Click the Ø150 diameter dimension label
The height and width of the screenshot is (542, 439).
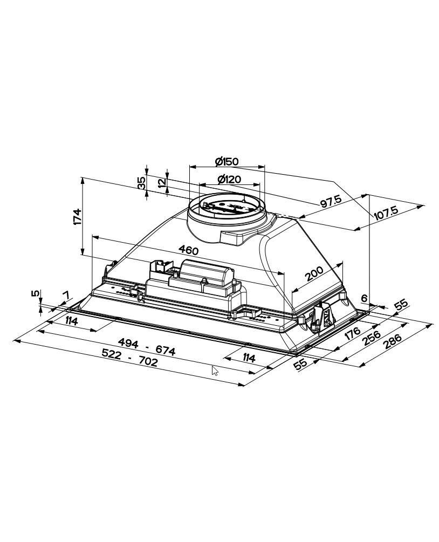click(x=227, y=161)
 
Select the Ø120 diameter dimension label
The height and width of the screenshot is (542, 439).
click(x=229, y=180)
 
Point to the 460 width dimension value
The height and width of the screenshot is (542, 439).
click(x=188, y=250)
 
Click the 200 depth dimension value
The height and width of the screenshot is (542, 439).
click(x=314, y=274)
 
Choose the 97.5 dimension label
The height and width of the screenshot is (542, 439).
click(x=331, y=201)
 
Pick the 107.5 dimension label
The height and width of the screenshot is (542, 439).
click(x=387, y=212)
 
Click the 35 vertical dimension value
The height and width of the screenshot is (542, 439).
click(x=141, y=183)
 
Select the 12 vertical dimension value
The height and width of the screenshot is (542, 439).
click(x=162, y=183)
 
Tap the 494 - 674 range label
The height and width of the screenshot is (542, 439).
click(x=147, y=347)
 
